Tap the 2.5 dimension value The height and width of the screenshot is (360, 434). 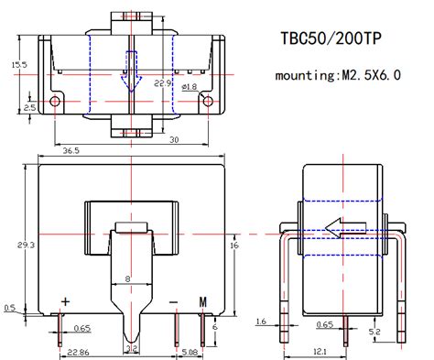pos(29,107)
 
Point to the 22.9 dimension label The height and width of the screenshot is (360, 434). pos(162,84)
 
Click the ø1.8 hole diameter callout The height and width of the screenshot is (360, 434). pos(190,87)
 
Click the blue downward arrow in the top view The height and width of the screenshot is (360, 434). pos(133,73)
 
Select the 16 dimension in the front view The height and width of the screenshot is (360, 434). pos(234,245)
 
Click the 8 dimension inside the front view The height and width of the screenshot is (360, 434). pos(127,278)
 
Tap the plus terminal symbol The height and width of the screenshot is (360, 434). pos(65,301)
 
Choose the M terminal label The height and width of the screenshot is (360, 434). pos(203,301)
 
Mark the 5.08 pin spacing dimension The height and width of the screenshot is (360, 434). pos(190,352)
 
